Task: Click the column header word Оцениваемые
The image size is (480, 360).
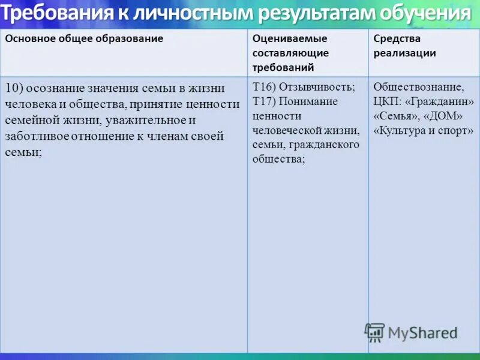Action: (290, 38)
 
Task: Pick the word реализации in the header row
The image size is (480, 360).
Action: (404, 53)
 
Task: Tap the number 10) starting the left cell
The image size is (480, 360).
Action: (14, 88)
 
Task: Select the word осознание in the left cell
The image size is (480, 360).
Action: (54, 88)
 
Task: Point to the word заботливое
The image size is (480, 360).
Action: (37, 136)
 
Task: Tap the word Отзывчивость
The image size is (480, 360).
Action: (317, 87)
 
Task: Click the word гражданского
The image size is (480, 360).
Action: (323, 145)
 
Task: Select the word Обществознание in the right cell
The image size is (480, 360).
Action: (418, 87)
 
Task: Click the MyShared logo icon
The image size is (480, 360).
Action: (375, 332)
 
